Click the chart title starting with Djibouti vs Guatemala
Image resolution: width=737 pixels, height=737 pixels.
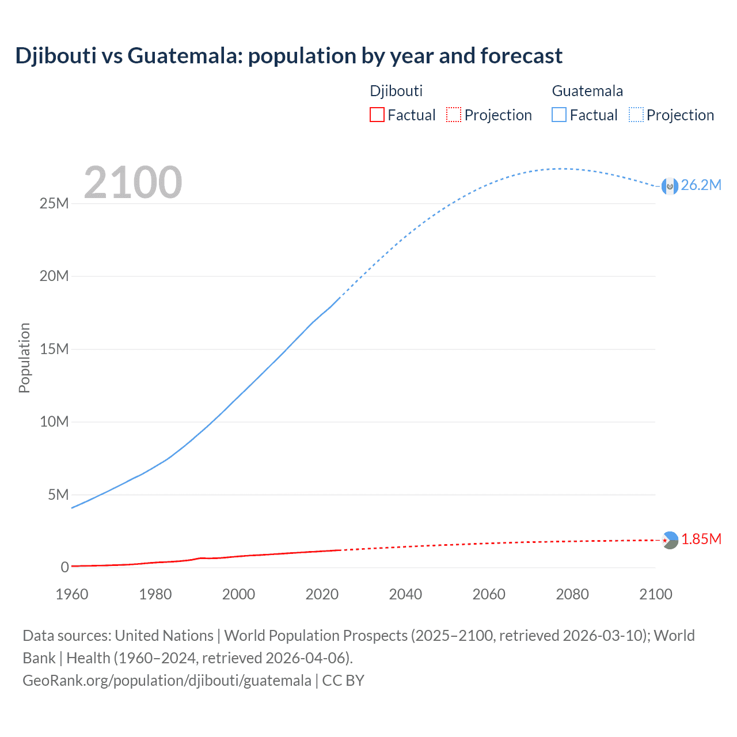[x=288, y=56]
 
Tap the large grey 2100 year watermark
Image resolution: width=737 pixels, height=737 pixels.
[x=133, y=183]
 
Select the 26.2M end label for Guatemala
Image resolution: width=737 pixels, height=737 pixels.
[x=701, y=185]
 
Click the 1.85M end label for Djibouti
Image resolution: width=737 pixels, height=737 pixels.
[x=701, y=539]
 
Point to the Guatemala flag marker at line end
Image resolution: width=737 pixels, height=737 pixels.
[x=670, y=186]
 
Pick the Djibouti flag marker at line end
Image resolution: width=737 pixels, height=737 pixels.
[x=670, y=540]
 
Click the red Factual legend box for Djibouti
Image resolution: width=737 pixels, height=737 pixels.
[x=377, y=115]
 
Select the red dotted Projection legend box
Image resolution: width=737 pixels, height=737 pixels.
[x=454, y=115]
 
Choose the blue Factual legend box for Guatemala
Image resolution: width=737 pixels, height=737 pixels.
[x=559, y=115]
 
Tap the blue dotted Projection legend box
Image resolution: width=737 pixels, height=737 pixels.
[x=636, y=115]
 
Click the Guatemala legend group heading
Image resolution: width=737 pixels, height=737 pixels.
[x=587, y=91]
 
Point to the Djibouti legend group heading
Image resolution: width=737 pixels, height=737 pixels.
[x=396, y=91]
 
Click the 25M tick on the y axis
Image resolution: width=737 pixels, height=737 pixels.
[x=54, y=203]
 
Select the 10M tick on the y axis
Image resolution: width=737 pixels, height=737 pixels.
[x=54, y=421]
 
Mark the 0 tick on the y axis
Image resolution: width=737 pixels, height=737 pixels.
[x=64, y=567]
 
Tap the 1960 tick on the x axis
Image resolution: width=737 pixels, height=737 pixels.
[x=72, y=594]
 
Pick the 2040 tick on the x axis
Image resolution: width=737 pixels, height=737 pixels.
[x=405, y=594]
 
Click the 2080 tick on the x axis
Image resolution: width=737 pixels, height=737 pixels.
[x=572, y=594]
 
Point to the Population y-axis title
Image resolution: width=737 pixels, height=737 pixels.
[x=24, y=358]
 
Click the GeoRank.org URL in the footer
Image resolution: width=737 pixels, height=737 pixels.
[x=167, y=681]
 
